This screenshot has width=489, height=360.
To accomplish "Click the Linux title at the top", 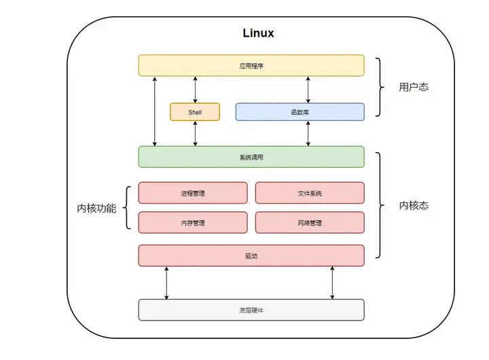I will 258,33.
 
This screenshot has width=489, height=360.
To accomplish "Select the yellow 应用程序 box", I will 251,65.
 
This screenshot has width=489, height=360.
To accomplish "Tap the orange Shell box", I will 195,111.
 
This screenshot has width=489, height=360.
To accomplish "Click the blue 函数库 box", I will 300,111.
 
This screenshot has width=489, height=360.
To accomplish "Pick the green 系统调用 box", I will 251,157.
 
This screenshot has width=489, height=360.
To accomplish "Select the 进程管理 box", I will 193,193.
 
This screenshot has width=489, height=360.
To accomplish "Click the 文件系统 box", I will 310,193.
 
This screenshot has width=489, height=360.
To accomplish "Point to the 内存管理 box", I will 193,223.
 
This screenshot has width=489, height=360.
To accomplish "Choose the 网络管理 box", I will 310,223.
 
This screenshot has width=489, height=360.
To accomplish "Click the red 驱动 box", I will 251,255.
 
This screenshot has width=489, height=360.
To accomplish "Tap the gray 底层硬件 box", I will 251,310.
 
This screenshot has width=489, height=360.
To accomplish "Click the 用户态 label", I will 414,87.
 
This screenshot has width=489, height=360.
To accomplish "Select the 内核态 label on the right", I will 414,205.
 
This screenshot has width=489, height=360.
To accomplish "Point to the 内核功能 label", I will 96,208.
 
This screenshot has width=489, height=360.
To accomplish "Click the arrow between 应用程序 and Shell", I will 196,89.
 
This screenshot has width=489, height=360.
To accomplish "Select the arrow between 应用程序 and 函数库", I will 308,89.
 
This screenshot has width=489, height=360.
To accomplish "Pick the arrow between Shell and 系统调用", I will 196,134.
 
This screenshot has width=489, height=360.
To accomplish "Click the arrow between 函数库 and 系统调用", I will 308,134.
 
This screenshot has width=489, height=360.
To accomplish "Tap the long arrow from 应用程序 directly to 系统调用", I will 155,111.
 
